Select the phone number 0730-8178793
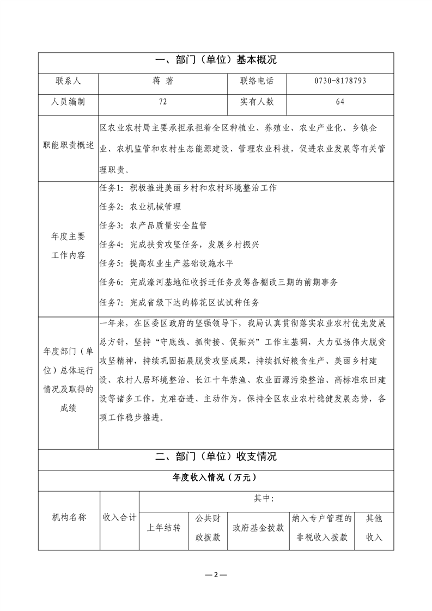pyautogui.click(x=340, y=81)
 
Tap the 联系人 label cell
pyautogui.click(x=68, y=81)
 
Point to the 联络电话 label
pyautogui.click(x=257, y=81)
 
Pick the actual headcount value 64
pyautogui.click(x=340, y=101)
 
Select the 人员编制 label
pyautogui.click(x=68, y=101)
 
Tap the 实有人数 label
pyautogui.click(x=257, y=101)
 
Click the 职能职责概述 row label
pyautogui.click(x=68, y=147)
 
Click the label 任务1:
pyautogui.click(x=112, y=188)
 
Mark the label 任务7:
pyautogui.click(x=112, y=302)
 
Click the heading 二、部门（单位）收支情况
pyautogui.click(x=216, y=456)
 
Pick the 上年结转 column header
pyautogui.click(x=163, y=528)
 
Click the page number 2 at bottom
pyautogui.click(x=216, y=575)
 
